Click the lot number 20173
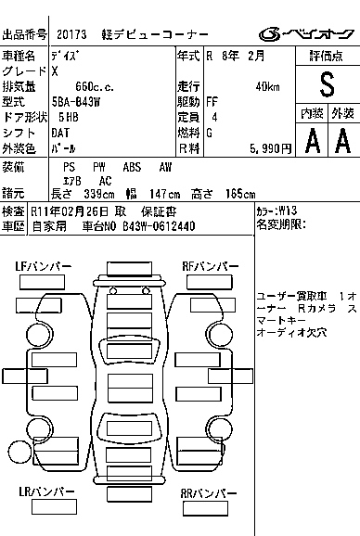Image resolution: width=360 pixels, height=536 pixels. pos(71,34)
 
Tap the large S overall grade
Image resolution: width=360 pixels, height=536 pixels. pos(327,84)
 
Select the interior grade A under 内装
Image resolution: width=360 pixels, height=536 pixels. pos(313,140)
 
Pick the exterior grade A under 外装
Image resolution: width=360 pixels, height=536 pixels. pos(343,140)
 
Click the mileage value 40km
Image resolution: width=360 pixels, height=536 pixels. pos(267,87)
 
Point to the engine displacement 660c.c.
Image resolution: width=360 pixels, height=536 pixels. pos(95,87)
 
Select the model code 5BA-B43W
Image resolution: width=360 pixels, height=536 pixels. pos(76,102)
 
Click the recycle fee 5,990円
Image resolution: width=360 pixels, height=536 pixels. pos(271,148)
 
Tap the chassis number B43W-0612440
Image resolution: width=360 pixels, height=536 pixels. pos(159,226)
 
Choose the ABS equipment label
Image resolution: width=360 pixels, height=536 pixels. pos(132,167)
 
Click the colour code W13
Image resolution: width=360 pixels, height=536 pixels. pos(288,211)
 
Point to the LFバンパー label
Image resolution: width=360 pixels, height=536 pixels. pos(44,266)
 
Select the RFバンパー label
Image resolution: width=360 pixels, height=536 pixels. pos(211,266)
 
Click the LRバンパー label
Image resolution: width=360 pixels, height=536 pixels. pos(46,491)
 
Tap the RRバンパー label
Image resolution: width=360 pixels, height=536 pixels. pos(209,493)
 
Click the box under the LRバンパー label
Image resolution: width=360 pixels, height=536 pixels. pos(54,506)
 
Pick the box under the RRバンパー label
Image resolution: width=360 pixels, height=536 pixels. pos(205,508)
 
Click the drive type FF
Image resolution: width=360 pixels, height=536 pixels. pos(212,102)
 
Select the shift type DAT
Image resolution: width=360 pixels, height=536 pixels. pos(60,133)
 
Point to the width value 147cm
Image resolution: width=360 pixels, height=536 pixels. pos(165,194)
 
